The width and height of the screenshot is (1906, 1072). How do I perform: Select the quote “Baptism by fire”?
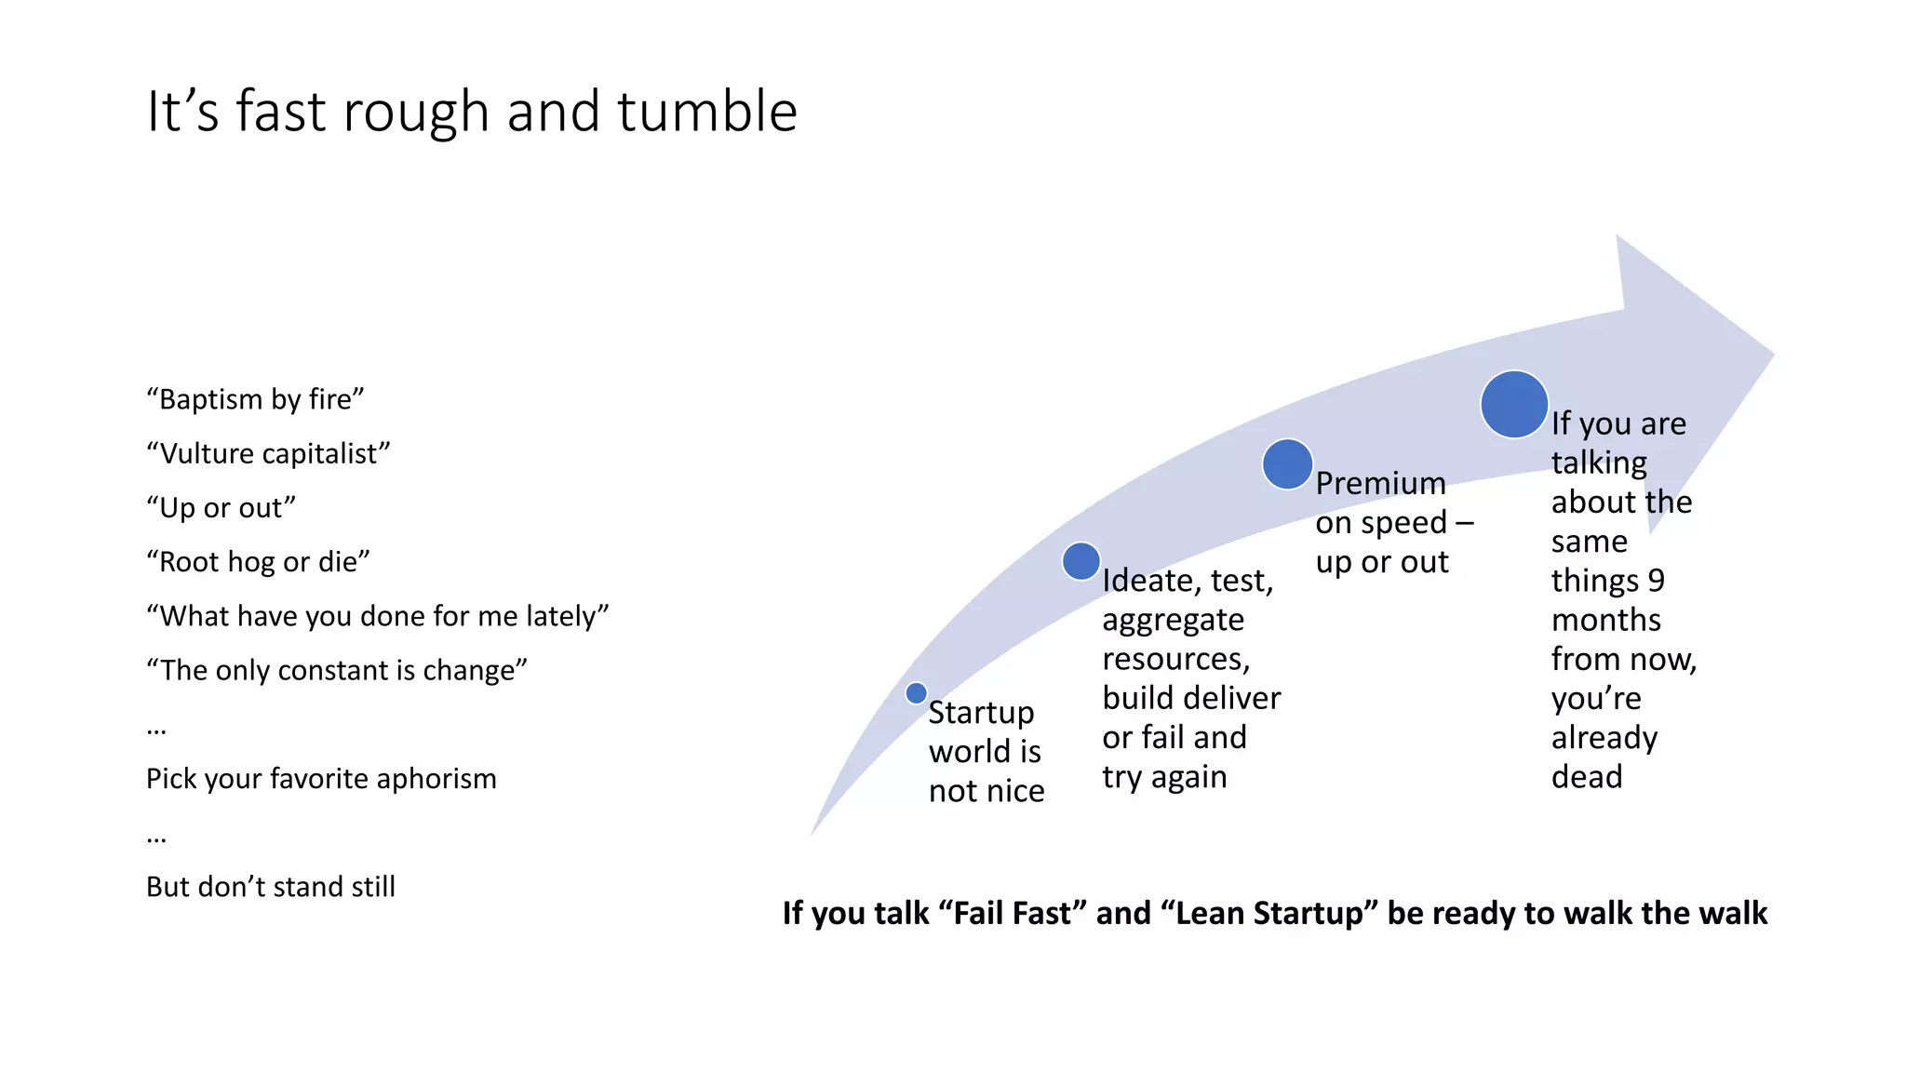tap(255, 399)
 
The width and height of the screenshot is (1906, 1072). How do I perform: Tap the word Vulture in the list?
tap(207, 453)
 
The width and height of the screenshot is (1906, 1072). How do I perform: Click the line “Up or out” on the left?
tap(221, 508)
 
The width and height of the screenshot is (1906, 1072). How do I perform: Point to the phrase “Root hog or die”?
tap(258, 562)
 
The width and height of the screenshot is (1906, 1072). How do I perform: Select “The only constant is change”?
tap(337, 670)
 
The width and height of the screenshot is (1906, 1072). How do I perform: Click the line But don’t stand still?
tap(271, 887)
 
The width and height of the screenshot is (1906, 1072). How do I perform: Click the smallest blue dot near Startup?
tap(916, 693)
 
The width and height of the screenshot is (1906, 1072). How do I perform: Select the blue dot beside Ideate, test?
tap(1081, 562)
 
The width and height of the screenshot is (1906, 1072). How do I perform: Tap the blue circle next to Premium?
tap(1287, 464)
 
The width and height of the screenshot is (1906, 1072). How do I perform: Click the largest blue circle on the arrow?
tap(1514, 405)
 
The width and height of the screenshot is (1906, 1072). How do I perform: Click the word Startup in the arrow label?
tap(981, 713)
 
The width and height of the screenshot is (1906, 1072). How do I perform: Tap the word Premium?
tap(1380, 484)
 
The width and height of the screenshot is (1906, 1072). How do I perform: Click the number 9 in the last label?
tap(1656, 581)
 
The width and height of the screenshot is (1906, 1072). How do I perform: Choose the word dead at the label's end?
tap(1587, 777)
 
